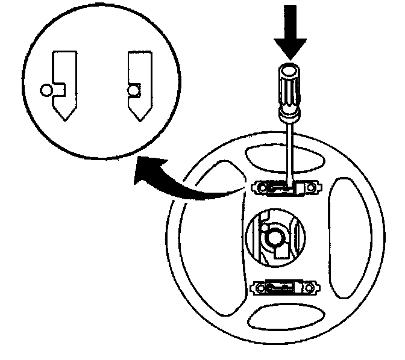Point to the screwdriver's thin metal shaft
[290, 151]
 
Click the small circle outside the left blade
[45, 91]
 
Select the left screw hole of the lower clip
[263, 288]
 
